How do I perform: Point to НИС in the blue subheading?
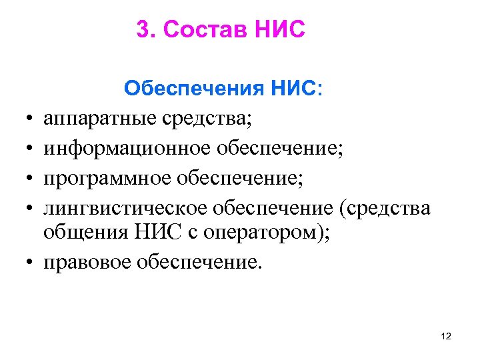(291, 89)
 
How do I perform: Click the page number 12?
(446, 337)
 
